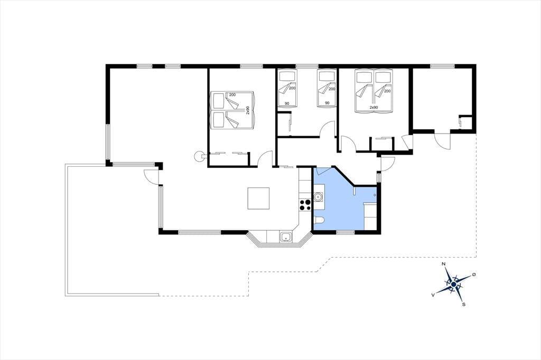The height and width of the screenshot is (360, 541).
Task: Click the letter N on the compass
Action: click(x=444, y=264)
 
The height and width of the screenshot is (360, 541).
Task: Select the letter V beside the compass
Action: click(x=433, y=295)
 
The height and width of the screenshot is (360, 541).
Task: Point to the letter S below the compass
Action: click(x=464, y=304)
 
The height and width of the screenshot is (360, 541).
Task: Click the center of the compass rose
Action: click(x=454, y=284)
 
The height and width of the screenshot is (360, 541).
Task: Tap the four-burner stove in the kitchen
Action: click(x=305, y=205)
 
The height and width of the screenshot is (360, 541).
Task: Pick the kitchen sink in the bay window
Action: click(x=286, y=237)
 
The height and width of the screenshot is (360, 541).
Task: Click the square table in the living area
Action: click(x=258, y=198)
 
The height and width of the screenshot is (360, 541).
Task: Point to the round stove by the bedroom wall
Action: click(x=199, y=156)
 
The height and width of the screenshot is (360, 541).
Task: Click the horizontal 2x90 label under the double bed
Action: click(x=374, y=108)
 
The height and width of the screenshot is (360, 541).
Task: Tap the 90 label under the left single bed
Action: click(x=287, y=103)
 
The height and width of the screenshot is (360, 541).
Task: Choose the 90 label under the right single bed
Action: click(x=327, y=103)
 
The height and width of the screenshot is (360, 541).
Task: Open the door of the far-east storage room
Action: click(x=442, y=141)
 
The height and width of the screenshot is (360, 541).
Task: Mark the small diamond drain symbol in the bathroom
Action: click(x=375, y=195)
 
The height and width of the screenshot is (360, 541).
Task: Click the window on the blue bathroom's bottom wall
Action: click(x=346, y=232)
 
